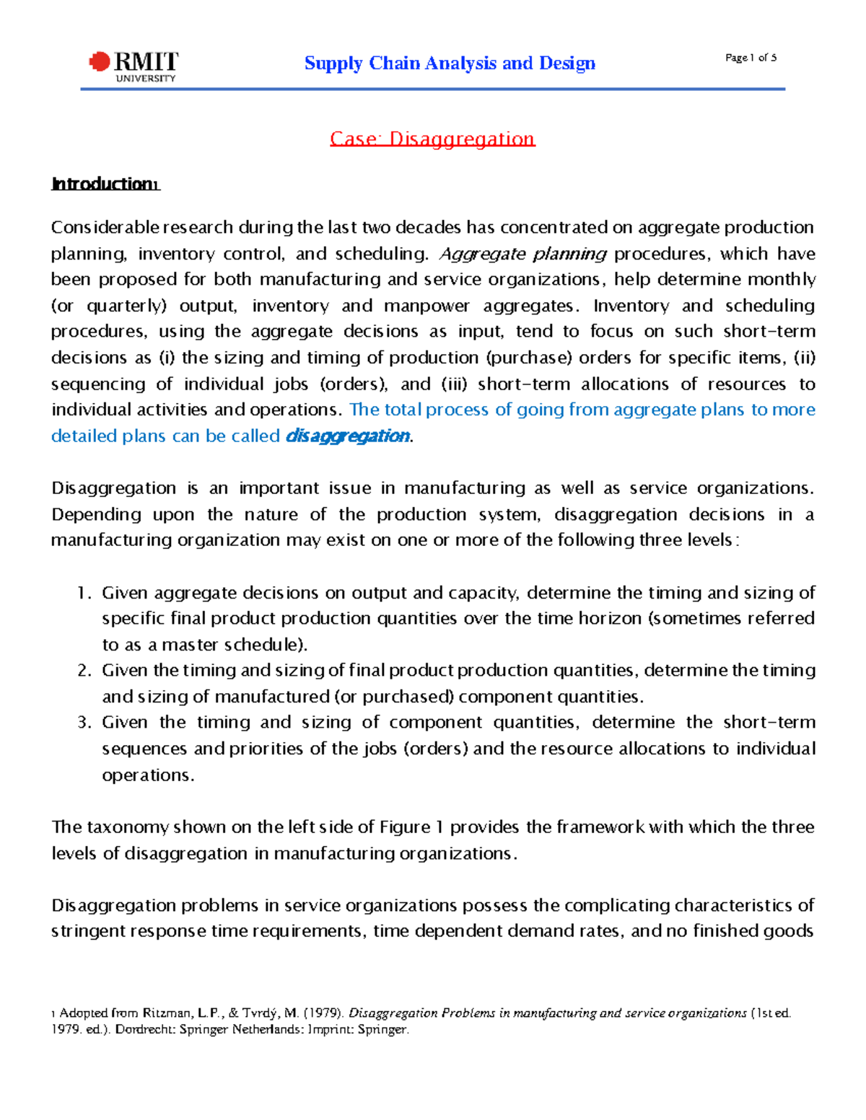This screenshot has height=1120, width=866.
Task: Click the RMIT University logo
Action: (134, 66)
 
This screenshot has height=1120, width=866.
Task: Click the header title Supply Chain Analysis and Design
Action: (450, 63)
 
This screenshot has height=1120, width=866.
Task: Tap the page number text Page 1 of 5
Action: (751, 58)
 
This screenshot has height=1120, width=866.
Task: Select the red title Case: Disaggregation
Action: (432, 138)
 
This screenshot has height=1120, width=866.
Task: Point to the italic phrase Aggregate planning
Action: (523, 254)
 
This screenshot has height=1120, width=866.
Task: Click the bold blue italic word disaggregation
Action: (348, 436)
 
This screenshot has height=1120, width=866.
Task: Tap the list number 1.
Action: (84, 593)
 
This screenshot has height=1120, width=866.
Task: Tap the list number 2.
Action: (84, 671)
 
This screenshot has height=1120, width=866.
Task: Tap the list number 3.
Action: (84, 723)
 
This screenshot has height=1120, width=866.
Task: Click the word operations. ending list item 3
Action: (148, 775)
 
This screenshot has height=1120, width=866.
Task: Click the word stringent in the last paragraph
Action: (88, 931)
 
